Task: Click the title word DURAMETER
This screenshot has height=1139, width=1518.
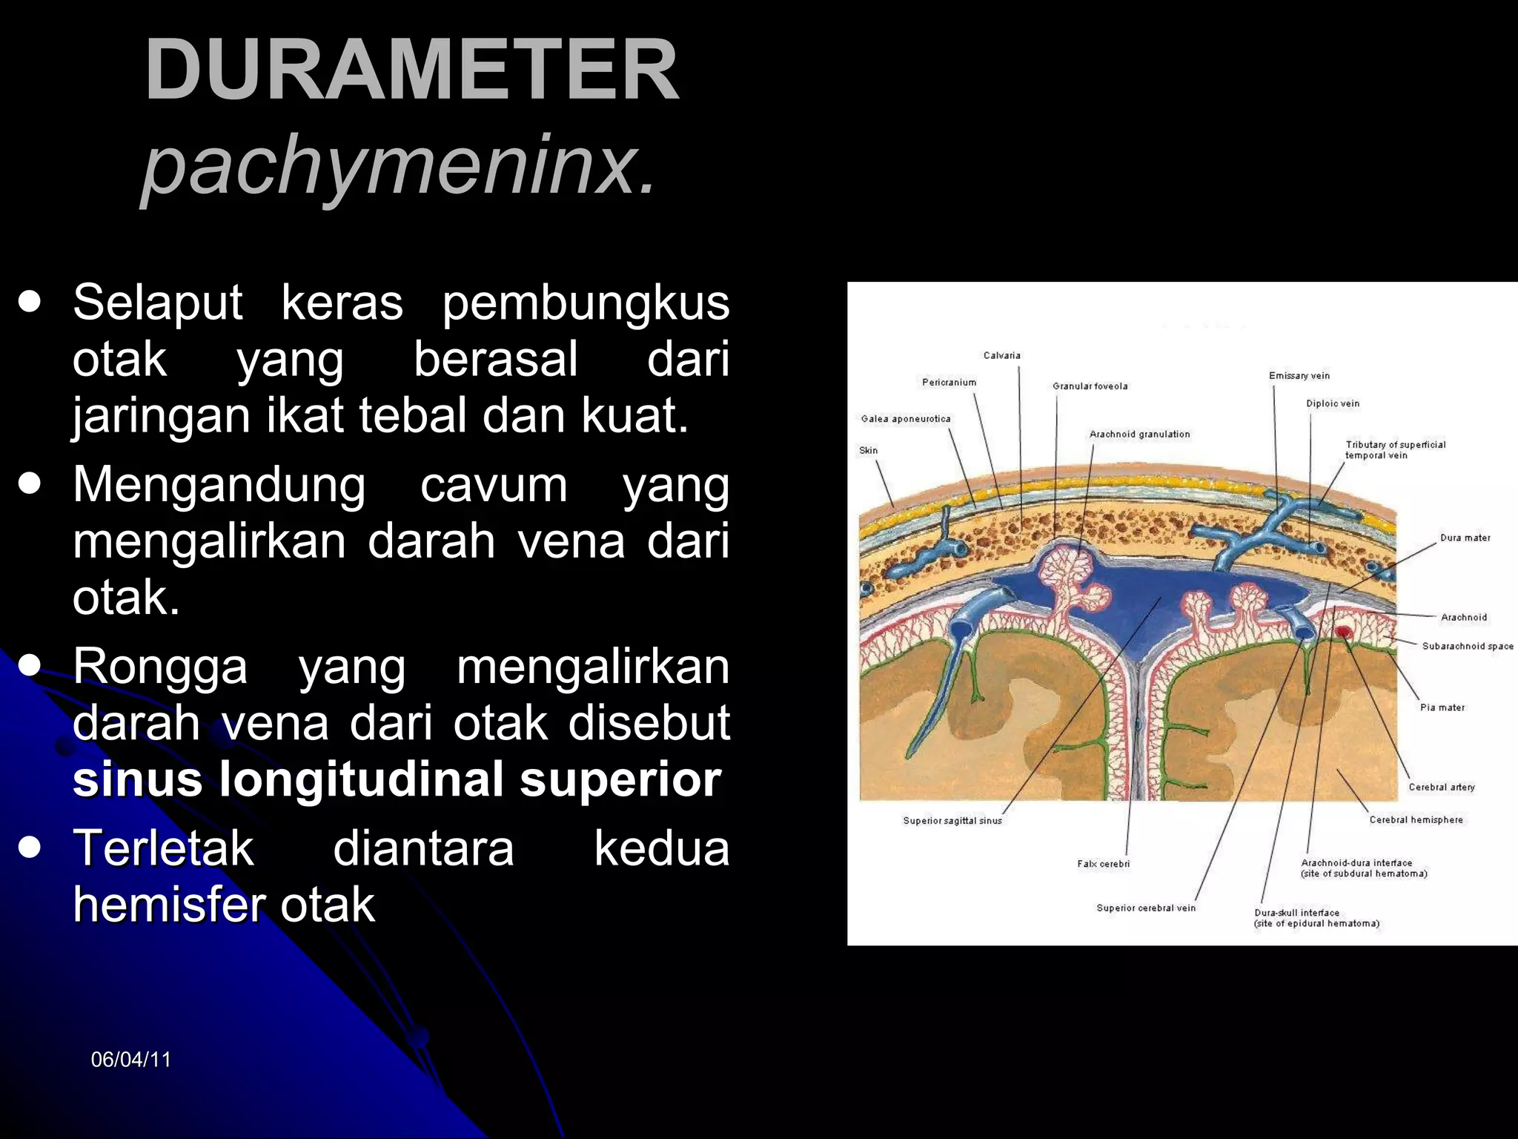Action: (411, 70)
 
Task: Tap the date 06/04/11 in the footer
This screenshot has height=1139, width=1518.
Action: (130, 1060)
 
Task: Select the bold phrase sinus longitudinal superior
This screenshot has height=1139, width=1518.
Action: (397, 779)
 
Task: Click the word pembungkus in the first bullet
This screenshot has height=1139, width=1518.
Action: (586, 304)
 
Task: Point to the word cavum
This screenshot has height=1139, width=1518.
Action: (494, 486)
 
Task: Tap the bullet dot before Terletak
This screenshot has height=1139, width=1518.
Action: (30, 847)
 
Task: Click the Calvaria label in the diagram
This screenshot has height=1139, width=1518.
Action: (1001, 355)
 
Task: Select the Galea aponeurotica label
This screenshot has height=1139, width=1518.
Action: (905, 419)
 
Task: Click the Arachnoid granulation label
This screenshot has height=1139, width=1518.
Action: (1139, 435)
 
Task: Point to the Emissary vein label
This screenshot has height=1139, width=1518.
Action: (1299, 376)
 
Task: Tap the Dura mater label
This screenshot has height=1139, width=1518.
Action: (1465, 538)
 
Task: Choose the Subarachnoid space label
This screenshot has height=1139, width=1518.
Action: (1467, 646)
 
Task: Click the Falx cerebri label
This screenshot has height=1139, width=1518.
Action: (1103, 864)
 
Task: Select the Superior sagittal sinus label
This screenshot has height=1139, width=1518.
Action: (952, 821)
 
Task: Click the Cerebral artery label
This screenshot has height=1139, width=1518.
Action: (1441, 788)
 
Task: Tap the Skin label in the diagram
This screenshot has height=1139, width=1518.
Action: (868, 450)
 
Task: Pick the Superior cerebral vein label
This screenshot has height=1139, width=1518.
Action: (1145, 908)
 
